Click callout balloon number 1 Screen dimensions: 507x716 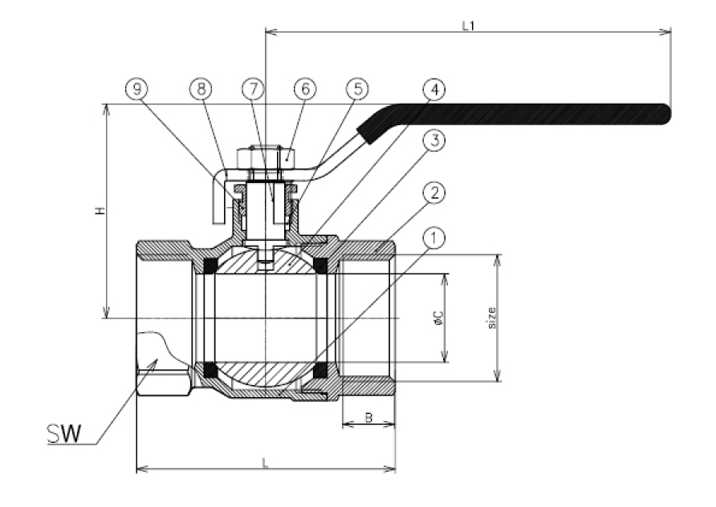[x=433, y=239]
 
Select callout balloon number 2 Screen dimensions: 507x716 [x=433, y=193]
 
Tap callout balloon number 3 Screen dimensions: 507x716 [x=433, y=142]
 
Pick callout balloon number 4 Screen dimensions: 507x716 [x=433, y=90]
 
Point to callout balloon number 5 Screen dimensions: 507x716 [x=356, y=90]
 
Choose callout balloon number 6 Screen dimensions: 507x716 [x=304, y=90]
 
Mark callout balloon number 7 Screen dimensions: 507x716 [x=253, y=90]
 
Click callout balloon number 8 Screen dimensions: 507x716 [x=201, y=90]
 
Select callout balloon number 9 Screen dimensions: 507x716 [x=136, y=90]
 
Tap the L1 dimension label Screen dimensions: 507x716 [x=469, y=25]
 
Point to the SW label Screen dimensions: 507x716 [x=62, y=434]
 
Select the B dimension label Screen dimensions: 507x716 [x=368, y=417]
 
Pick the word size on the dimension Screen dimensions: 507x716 [x=491, y=318]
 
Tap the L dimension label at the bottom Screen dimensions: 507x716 [x=266, y=461]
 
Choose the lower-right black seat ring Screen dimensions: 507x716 [x=321, y=370]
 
